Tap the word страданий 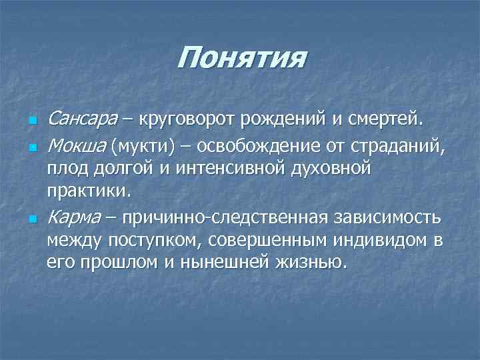401,145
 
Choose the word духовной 332,168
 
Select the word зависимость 393,217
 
